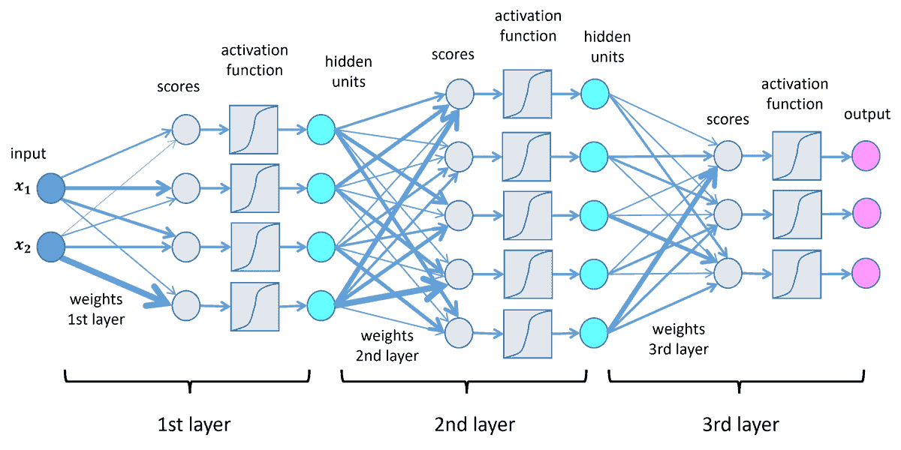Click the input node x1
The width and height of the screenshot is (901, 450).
(51, 186)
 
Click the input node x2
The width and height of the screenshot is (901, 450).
(51, 245)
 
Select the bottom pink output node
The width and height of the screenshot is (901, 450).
(865, 271)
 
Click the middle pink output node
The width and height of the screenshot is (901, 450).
(865, 213)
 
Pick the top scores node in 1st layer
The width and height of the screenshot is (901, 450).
(186, 129)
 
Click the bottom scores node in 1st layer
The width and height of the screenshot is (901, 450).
(186, 305)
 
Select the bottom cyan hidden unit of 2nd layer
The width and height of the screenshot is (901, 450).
(593, 331)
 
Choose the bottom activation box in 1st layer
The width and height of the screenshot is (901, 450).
(255, 305)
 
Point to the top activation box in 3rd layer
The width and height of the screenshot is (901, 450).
(796, 156)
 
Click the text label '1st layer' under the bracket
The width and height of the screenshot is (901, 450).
(193, 424)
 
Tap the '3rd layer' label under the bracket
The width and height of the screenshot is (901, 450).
(742, 424)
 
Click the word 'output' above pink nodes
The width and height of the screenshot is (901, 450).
(866, 115)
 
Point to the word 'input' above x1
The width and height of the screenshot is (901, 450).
(29, 154)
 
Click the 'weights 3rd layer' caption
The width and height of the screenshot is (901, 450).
(679, 339)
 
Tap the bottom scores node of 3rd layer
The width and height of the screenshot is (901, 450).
(728, 271)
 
